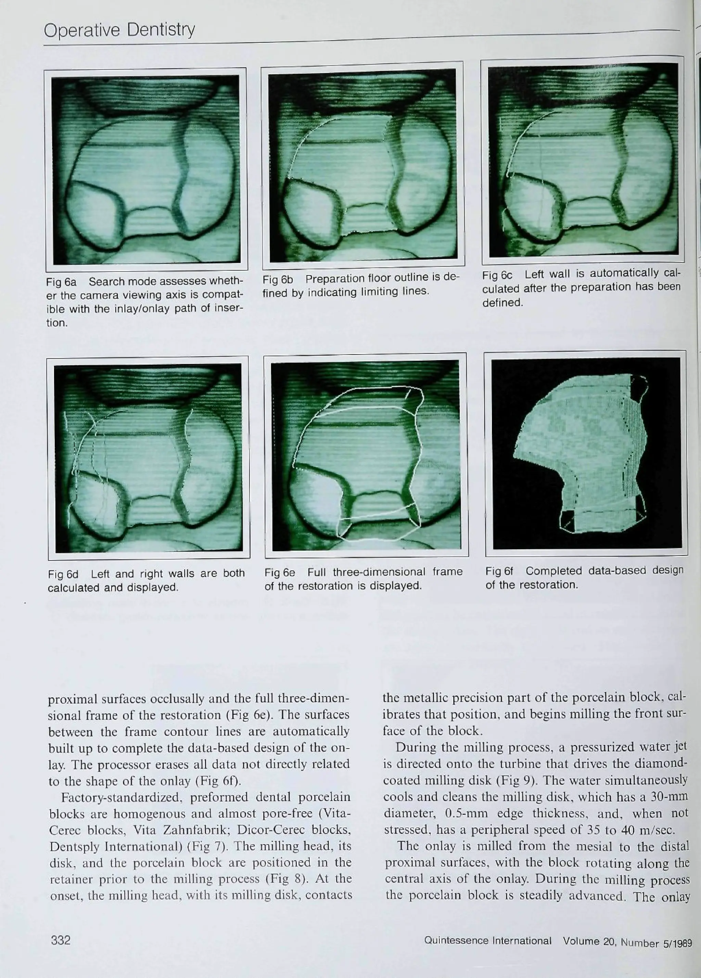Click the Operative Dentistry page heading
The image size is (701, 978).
pos(119,30)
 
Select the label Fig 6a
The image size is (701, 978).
pos(61,282)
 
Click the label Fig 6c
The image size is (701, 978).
pos(497,275)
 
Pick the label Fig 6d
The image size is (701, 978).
pos(63,575)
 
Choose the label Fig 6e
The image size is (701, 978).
pos(280,572)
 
